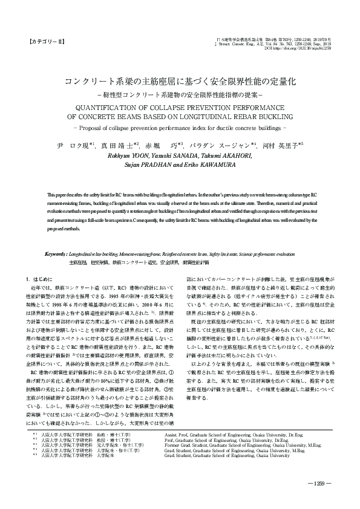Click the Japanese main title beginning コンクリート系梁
click(180, 80)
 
